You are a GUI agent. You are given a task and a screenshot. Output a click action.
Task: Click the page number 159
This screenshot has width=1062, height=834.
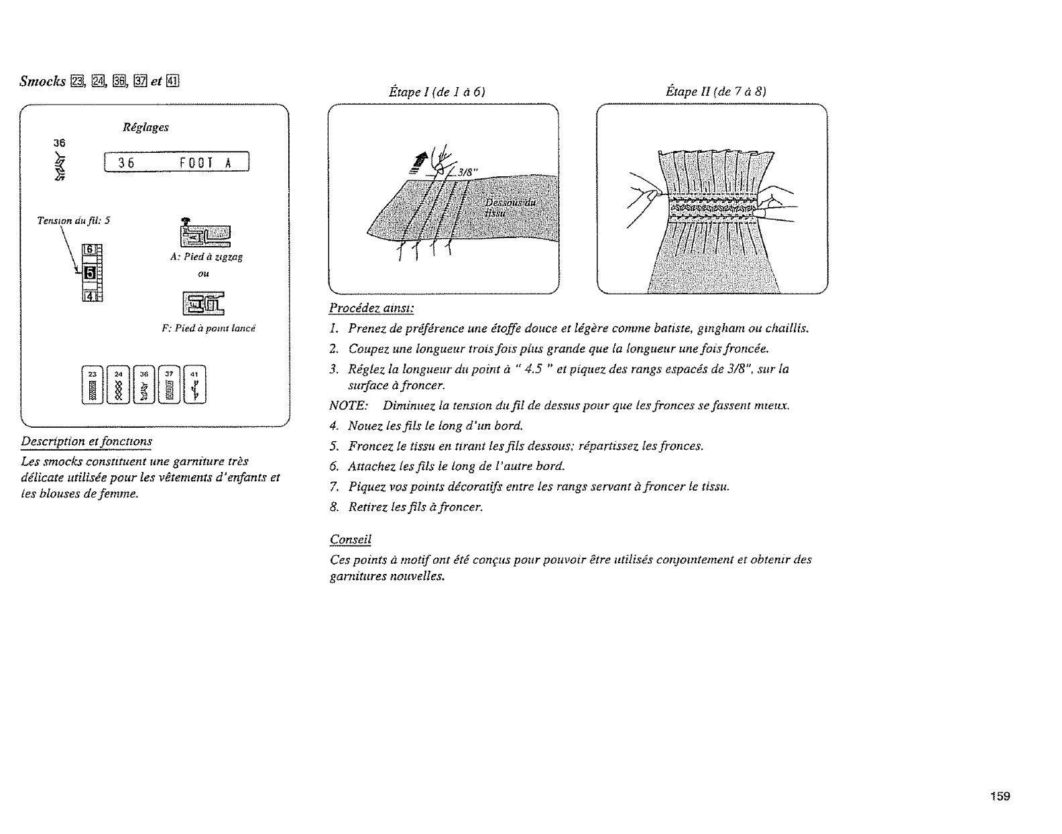(1001, 796)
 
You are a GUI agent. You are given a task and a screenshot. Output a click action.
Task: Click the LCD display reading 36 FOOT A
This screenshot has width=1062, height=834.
(176, 163)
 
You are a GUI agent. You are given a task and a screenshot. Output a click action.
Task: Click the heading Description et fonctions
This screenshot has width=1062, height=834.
(86, 442)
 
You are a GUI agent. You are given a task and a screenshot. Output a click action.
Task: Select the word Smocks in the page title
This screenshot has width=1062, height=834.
(42, 82)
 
